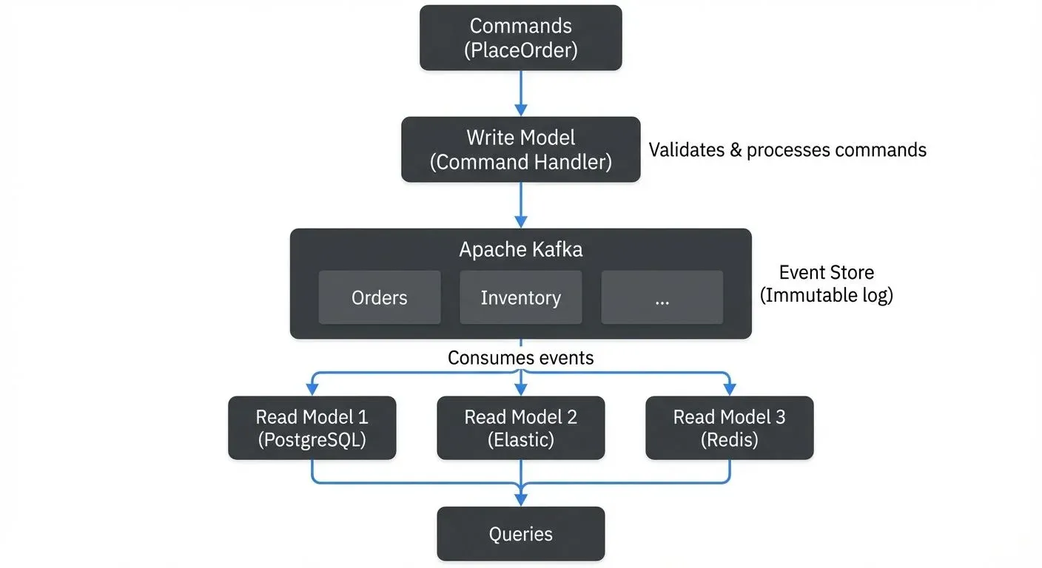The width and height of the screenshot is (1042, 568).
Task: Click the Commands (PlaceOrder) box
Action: click(520, 38)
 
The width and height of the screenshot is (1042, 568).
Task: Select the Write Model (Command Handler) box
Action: click(520, 149)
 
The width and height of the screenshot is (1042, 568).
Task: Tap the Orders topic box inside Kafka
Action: click(379, 297)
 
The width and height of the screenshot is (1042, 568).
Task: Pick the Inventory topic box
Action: click(520, 297)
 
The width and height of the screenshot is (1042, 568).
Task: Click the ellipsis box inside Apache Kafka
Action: click(662, 297)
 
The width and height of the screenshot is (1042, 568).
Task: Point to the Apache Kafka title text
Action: click(520, 249)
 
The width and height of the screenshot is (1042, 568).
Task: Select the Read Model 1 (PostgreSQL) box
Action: click(312, 428)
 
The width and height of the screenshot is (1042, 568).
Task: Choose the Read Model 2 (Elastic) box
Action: click(520, 428)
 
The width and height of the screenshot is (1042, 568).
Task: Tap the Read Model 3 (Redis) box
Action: click(729, 428)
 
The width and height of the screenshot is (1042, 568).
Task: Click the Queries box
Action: click(520, 534)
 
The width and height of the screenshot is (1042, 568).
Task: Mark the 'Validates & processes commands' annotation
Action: click(787, 149)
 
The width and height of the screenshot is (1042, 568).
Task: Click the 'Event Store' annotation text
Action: click(827, 272)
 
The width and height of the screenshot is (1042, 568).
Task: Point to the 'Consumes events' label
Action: click(520, 358)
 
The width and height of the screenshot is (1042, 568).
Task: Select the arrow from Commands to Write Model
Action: click(520, 93)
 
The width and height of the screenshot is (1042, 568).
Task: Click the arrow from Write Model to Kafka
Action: click(520, 205)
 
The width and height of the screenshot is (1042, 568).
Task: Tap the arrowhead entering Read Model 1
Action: click(312, 389)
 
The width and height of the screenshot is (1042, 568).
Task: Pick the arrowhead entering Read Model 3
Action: click(729, 389)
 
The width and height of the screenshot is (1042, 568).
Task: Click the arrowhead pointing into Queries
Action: click(520, 499)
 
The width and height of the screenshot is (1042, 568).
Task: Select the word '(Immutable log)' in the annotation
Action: click(827, 295)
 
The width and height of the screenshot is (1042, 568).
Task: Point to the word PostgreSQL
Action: click(312, 440)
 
